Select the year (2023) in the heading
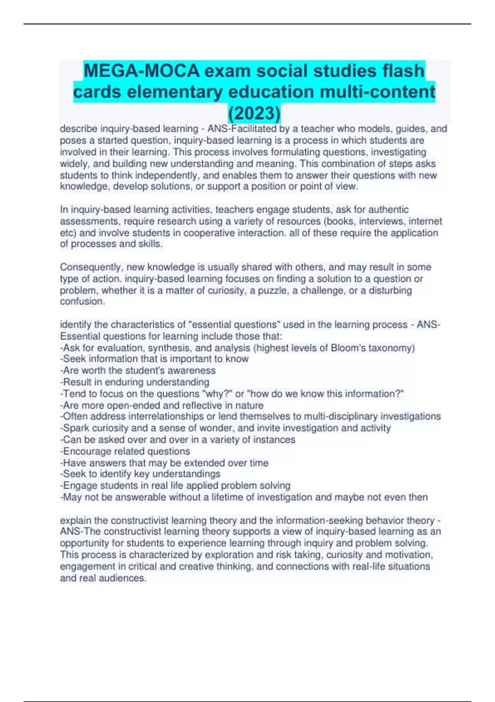coord(255,113)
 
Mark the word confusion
coord(82,301)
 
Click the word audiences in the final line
coord(123,578)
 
